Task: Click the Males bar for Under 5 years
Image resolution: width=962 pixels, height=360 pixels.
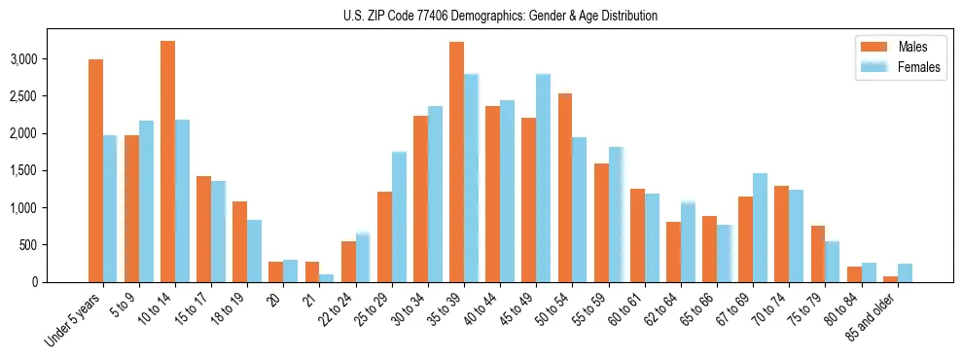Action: pyautogui.click(x=95, y=171)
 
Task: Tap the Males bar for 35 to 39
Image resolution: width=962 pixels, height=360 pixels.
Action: pyautogui.click(x=456, y=162)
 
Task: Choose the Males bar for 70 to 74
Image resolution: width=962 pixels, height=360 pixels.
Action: pyautogui.click(x=781, y=234)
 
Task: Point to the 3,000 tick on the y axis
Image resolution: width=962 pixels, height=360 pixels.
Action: pyautogui.click(x=53, y=59)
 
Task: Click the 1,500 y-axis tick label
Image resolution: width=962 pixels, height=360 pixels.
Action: pyautogui.click(x=53, y=170)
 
